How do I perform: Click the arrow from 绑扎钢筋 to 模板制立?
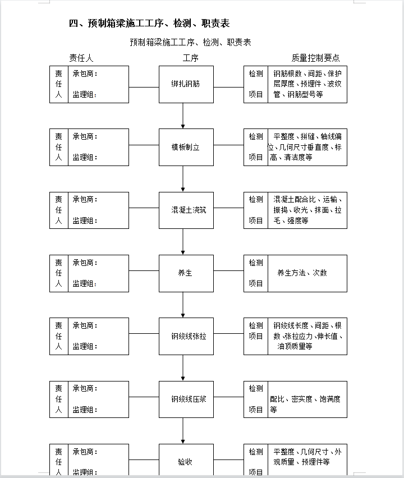tap(183, 116)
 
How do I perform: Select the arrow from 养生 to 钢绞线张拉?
tap(183, 305)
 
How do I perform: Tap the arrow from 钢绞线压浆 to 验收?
tap(183, 431)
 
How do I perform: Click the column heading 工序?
tap(191, 58)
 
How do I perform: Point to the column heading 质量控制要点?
tap(315, 58)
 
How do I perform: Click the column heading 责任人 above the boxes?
tap(81, 58)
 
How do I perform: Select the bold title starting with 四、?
tap(149, 23)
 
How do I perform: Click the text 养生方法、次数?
tap(302, 273)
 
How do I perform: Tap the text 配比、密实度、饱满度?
tap(305, 399)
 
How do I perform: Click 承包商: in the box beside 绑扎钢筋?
tap(85, 73)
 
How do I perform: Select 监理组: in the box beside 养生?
tap(85, 284)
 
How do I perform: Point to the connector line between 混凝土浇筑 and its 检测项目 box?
tap(229, 208)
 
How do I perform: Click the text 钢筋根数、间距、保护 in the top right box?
tap(307, 73)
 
